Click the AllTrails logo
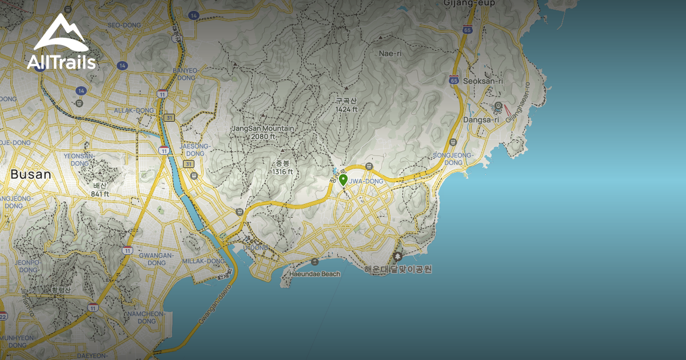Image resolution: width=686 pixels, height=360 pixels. pyautogui.click(x=61, y=43)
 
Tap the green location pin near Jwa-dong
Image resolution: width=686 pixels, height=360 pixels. pyautogui.click(x=343, y=180)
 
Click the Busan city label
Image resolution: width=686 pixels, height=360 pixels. pyautogui.click(x=31, y=175)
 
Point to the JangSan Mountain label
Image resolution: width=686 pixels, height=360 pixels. pyautogui.click(x=263, y=129)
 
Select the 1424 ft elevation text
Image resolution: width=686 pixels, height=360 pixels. pyautogui.click(x=346, y=109)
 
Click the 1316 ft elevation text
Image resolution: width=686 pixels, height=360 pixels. pyautogui.click(x=282, y=171)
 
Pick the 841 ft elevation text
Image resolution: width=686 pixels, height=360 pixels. pyautogui.click(x=100, y=194)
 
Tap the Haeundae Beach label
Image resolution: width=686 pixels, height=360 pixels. pyautogui.click(x=315, y=274)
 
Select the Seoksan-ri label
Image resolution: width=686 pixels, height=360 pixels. pyautogui.click(x=484, y=81)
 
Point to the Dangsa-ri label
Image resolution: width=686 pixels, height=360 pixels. pyautogui.click(x=481, y=120)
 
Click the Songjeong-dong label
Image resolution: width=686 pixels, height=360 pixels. pyautogui.click(x=453, y=158)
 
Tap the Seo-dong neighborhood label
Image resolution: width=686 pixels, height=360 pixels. pyautogui.click(x=123, y=25)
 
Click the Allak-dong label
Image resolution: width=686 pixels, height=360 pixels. pyautogui.click(x=134, y=110)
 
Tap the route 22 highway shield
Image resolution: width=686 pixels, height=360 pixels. pyautogui.click(x=3, y=316)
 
